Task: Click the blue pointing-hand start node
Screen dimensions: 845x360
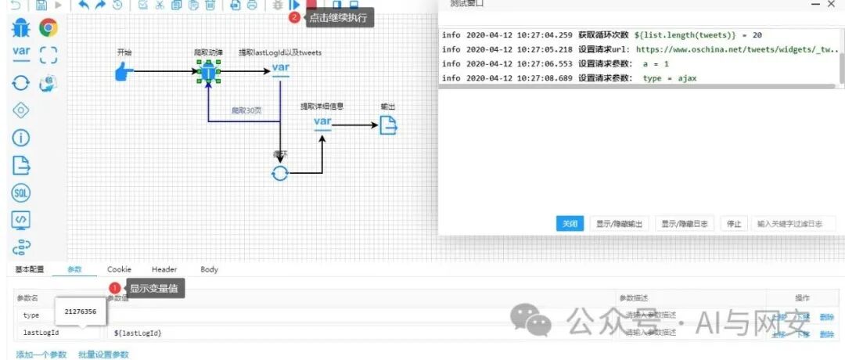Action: click(x=124, y=72)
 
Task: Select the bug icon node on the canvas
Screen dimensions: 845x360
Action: click(x=208, y=73)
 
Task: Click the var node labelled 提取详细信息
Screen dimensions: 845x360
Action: click(x=323, y=123)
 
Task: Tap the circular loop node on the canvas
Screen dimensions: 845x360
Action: click(x=279, y=173)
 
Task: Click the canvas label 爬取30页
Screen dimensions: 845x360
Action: click(x=246, y=110)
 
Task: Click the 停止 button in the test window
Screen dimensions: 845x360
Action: click(x=734, y=224)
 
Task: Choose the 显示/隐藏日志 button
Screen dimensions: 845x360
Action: click(x=684, y=224)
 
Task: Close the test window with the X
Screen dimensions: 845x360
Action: click(x=831, y=5)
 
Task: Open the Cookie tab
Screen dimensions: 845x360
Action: click(x=120, y=269)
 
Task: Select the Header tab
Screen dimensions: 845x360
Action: click(x=164, y=269)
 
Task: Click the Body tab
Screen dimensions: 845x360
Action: click(x=209, y=269)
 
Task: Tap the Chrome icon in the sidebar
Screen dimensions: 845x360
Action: click(x=49, y=29)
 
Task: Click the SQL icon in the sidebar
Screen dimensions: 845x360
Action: click(x=21, y=193)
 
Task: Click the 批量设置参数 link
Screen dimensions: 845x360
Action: click(x=103, y=355)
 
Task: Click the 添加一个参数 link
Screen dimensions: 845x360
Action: click(x=41, y=355)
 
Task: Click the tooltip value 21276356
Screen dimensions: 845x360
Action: click(x=81, y=311)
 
